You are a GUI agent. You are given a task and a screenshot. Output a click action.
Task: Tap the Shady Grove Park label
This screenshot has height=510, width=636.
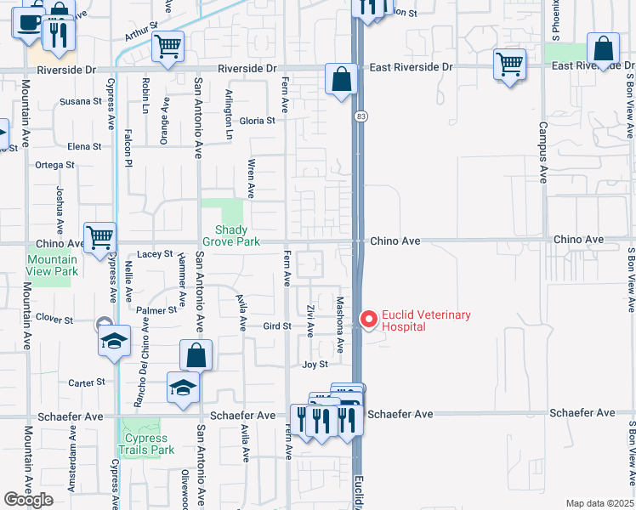coord(230,235)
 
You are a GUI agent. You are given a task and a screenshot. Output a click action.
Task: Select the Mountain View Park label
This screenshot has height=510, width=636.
coord(53,265)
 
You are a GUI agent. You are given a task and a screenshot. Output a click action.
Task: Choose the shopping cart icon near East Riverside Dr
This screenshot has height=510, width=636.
coord(509,63)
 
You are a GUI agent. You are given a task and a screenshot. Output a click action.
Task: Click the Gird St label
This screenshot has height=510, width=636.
coord(277,326)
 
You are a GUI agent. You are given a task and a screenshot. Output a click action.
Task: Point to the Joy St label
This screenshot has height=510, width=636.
coord(315,365)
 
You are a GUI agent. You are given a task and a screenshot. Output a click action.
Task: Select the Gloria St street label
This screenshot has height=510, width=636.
coord(257,121)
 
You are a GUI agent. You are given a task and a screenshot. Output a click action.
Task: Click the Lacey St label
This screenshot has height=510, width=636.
coord(155,254)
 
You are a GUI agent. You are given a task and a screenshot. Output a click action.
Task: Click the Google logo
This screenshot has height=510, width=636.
coord(30,500)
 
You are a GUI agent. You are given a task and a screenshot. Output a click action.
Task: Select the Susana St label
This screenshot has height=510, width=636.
coord(80,101)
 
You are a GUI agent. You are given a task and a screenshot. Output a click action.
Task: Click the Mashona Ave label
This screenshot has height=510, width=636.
coord(338,325)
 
